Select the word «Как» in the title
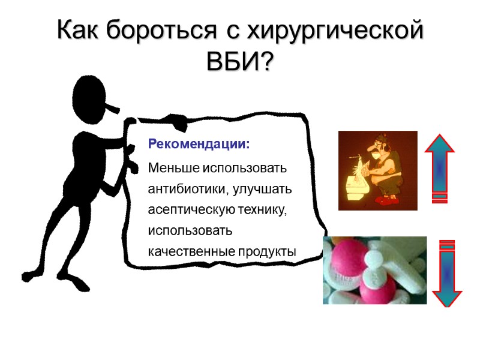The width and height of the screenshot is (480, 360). click(79, 31)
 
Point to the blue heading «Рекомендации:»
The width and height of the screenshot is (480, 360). click(199, 145)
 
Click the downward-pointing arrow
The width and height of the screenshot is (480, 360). click(447, 273)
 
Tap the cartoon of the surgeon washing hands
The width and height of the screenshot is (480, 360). click(377, 170)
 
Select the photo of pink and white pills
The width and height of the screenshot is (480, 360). click(374, 270)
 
